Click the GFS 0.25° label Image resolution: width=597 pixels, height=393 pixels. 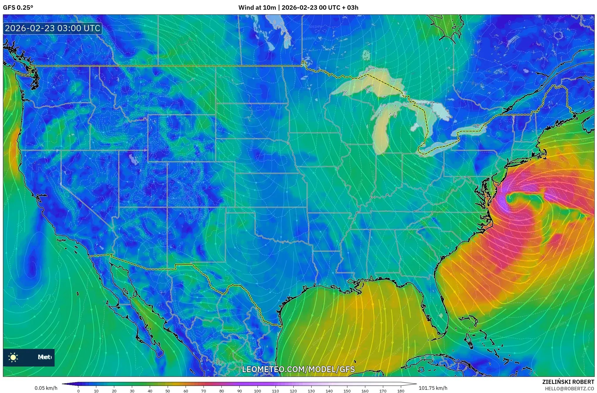coord(18,8)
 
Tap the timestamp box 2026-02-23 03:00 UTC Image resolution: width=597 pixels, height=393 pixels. coord(53,29)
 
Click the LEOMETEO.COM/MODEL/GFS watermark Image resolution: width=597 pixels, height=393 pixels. coord(298,369)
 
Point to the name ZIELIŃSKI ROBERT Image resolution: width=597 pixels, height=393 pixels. coord(568,382)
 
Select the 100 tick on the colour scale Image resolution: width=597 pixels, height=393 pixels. coord(258,391)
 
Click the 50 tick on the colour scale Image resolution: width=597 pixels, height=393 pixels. coord(168,391)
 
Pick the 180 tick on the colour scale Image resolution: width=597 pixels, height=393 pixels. coord(401,391)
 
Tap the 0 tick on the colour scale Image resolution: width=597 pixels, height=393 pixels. coord(78,391)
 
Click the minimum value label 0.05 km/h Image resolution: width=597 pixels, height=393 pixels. coord(46,388)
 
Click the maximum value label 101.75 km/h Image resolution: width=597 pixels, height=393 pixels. coord(433,388)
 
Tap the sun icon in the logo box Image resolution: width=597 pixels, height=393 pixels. coord(13,357)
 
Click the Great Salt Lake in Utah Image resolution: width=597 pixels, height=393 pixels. coord(133,159)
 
